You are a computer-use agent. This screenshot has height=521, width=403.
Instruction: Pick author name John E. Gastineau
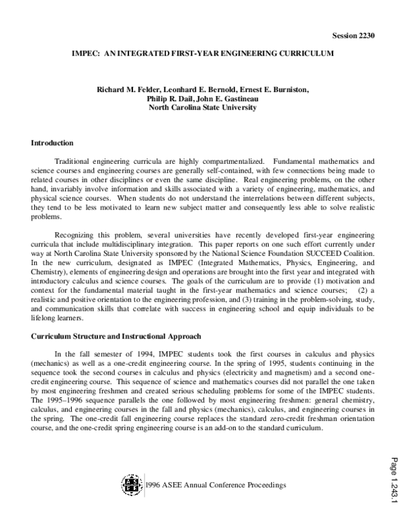(x=229, y=98)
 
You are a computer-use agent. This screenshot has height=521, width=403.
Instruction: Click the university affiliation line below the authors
(x=202, y=107)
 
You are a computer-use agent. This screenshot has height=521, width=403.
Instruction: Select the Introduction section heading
(x=52, y=143)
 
